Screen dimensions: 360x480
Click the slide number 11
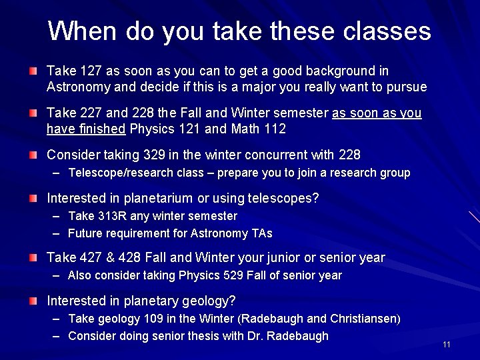click(447, 345)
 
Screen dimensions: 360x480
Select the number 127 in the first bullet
click(85, 71)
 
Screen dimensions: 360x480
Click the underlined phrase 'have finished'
click(87, 129)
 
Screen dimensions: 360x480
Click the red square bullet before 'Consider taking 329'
click(33, 155)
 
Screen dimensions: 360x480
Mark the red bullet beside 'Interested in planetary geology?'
click(33, 301)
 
